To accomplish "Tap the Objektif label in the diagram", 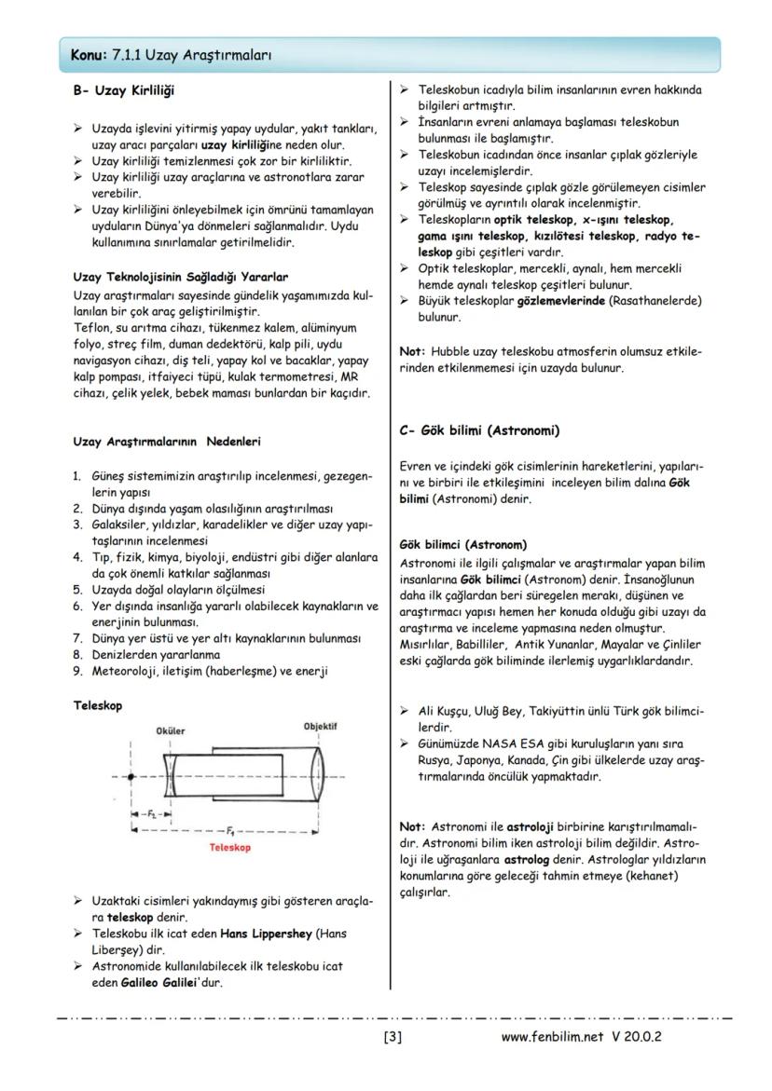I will click(x=320, y=726).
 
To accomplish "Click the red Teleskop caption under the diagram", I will click(x=230, y=848).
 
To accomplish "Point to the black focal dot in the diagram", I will click(x=130, y=775).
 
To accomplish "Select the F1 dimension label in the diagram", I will click(x=229, y=827).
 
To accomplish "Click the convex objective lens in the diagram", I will click(x=319, y=775).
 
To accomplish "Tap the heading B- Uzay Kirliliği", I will click(x=123, y=90).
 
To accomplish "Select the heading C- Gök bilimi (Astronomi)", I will click(x=478, y=430).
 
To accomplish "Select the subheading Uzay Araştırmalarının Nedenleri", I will click(x=166, y=441).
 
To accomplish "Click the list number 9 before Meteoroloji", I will click(x=78, y=670).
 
